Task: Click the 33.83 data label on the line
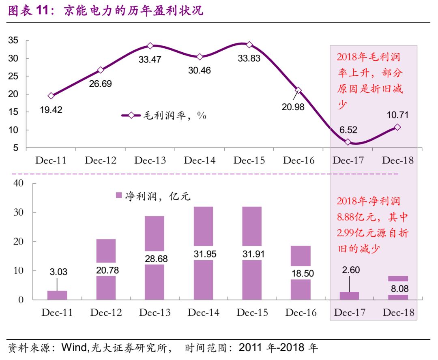tap(249, 58)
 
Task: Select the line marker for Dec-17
tap(348, 142)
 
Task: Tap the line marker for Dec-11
tap(51, 96)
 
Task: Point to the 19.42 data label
tap(51, 110)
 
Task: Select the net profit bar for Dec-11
tap(57, 295)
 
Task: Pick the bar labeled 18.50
tap(301, 272)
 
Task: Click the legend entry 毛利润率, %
tap(164, 116)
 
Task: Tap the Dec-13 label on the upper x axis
tap(150, 161)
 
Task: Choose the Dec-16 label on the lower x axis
tap(301, 313)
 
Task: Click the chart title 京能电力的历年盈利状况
tap(134, 11)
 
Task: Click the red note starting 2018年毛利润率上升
tap(370, 81)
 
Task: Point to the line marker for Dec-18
tap(397, 127)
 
